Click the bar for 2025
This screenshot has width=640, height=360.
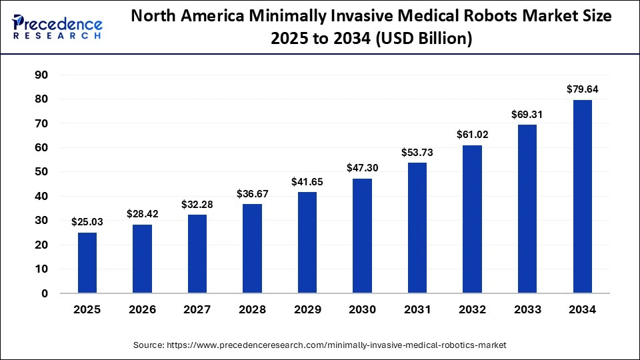(x=87, y=263)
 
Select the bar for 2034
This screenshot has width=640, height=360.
(x=582, y=196)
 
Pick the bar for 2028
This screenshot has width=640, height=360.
(x=252, y=248)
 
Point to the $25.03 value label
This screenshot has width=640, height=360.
(x=87, y=221)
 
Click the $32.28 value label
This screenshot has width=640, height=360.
(x=197, y=204)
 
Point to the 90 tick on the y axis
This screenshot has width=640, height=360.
(x=41, y=75)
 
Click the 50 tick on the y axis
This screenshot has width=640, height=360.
(x=41, y=172)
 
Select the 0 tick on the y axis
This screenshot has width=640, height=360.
(x=45, y=293)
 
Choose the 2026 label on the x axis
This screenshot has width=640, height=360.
(x=142, y=310)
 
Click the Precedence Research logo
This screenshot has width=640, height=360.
(x=57, y=27)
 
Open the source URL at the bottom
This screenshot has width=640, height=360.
(x=319, y=345)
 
